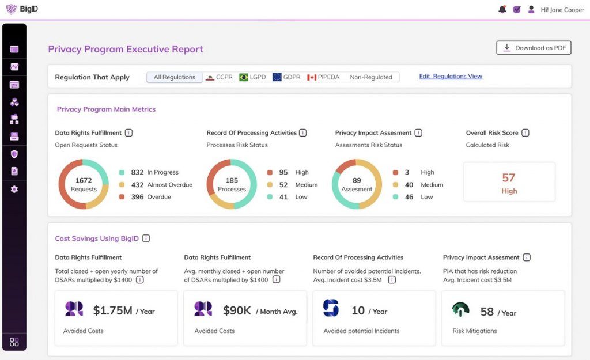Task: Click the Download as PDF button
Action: [x=534, y=48]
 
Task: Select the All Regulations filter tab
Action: [x=175, y=77]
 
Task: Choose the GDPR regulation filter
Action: [x=286, y=77]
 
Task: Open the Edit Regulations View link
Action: [x=450, y=77]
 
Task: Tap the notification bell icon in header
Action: [x=502, y=9]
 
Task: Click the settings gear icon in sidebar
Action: [x=14, y=189]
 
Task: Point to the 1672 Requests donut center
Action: [x=84, y=184]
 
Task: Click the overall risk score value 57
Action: [x=508, y=177]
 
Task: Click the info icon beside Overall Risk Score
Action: [x=525, y=133]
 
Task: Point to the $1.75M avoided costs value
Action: [x=113, y=310]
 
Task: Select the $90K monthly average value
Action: [x=237, y=310]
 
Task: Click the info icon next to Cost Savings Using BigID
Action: [x=146, y=238]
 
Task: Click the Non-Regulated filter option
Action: [x=370, y=77]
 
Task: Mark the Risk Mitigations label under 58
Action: [x=475, y=331]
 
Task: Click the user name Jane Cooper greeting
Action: [x=562, y=10]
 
